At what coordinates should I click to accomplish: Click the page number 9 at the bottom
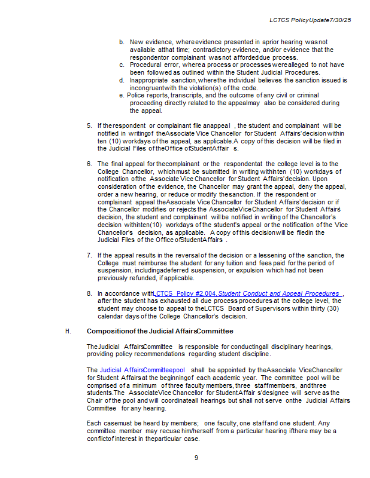pos(196,458)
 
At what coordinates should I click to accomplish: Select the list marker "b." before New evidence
pos(122,42)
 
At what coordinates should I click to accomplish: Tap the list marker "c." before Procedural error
pos(122,65)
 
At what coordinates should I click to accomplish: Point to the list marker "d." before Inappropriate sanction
pos(122,80)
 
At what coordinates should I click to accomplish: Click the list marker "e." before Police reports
pos(122,95)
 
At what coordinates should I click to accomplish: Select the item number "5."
pos(89,125)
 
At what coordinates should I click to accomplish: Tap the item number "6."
pos(89,164)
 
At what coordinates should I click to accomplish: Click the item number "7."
pos(89,255)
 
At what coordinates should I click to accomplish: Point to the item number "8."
pos(89,293)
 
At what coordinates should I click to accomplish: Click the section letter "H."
pos(68,331)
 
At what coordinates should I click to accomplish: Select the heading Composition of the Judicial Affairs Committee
pos(160,331)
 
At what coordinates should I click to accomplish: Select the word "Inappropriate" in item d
pos(150,80)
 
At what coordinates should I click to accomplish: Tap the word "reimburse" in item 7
pos(159,263)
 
